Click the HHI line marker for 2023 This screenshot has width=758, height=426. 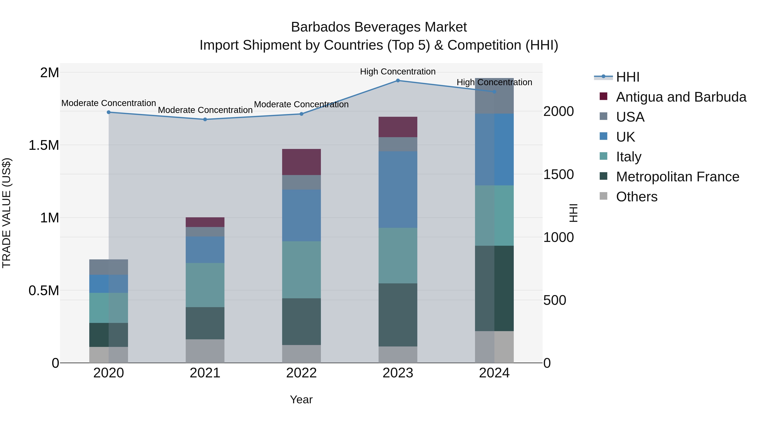(x=398, y=80)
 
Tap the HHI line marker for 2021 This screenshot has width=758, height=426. (x=205, y=119)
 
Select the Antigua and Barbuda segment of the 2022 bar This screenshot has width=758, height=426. (x=301, y=162)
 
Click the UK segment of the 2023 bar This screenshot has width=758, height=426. (x=398, y=189)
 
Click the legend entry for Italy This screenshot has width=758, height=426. (x=629, y=157)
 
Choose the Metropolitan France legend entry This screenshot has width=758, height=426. (x=677, y=177)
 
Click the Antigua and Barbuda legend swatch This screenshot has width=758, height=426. (x=603, y=96)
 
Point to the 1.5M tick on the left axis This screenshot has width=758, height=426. (x=44, y=145)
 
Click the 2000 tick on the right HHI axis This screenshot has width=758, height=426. (x=558, y=111)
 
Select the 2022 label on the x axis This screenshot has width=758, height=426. (x=301, y=373)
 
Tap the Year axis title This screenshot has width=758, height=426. (x=301, y=399)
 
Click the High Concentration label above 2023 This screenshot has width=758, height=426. (x=398, y=72)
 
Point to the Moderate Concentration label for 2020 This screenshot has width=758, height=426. (x=109, y=103)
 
